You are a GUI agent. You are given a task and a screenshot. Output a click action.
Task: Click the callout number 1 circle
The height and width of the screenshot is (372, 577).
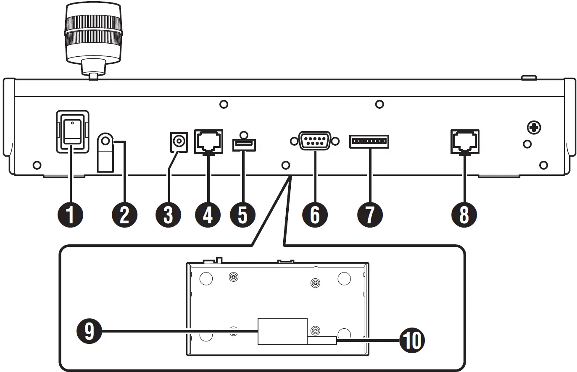pyautogui.click(x=70, y=215)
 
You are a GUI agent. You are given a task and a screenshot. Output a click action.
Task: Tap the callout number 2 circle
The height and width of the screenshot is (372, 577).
pyautogui.click(x=124, y=215)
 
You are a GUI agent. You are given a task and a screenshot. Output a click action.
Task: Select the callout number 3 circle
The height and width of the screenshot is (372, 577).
pyautogui.click(x=168, y=215)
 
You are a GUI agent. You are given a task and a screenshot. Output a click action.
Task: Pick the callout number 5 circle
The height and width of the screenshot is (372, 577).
pyautogui.click(x=242, y=215)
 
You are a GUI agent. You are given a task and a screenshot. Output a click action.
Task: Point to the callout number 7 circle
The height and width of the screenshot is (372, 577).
pyautogui.click(x=369, y=215)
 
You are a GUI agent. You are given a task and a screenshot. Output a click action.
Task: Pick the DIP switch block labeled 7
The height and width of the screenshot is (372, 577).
pyautogui.click(x=369, y=141)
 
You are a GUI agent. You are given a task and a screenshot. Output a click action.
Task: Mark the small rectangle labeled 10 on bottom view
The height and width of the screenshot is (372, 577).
pyautogui.click(x=322, y=341)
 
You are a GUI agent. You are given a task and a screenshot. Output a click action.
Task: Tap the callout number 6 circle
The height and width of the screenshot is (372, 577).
pyautogui.click(x=315, y=215)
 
